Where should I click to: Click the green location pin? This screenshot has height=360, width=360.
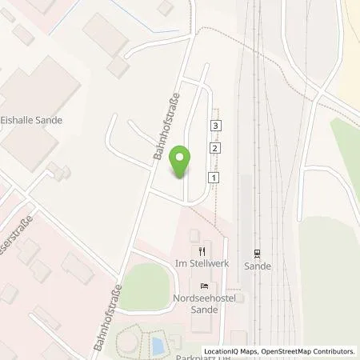(182, 163)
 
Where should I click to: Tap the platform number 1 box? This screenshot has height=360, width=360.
(213, 176)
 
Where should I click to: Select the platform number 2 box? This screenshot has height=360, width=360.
(214, 149)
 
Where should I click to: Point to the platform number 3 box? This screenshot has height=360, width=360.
(216, 126)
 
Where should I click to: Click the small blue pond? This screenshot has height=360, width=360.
(158, 346)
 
